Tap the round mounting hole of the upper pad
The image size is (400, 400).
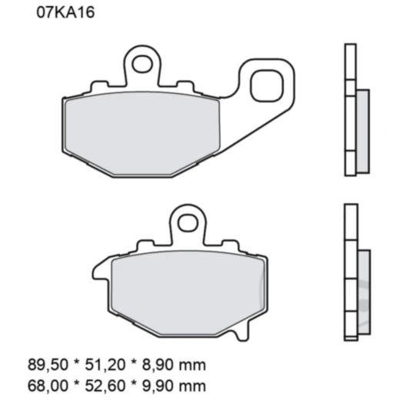click(141, 62)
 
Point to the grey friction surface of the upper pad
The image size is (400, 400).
click(143, 131)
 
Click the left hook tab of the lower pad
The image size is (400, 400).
click(100, 269)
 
